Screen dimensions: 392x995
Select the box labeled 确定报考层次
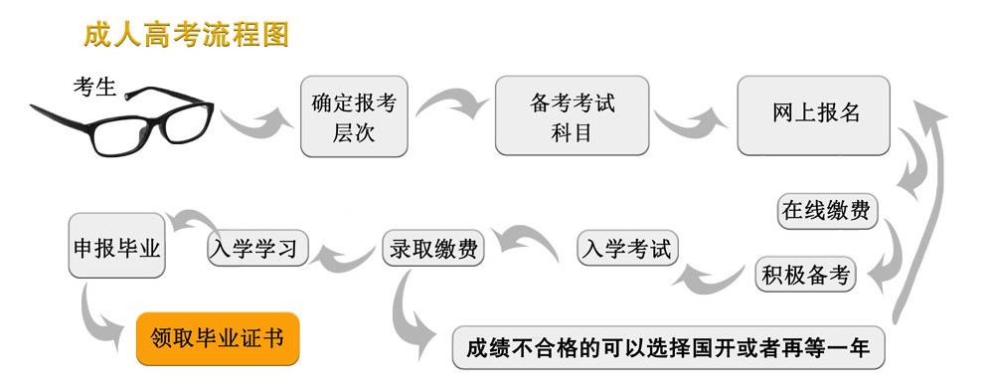point(354,116)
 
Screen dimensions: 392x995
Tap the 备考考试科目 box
point(572,115)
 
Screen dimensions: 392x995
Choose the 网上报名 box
point(814,114)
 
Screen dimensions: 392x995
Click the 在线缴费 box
point(826,211)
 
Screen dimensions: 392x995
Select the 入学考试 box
point(627,249)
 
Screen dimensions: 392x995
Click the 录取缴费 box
point(432,249)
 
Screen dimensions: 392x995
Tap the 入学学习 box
point(258,248)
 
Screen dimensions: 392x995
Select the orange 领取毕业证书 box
point(217,338)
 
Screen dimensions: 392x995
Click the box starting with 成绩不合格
point(668,349)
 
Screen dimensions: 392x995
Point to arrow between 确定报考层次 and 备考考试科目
point(452,100)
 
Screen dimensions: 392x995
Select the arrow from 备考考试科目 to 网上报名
point(690,121)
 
